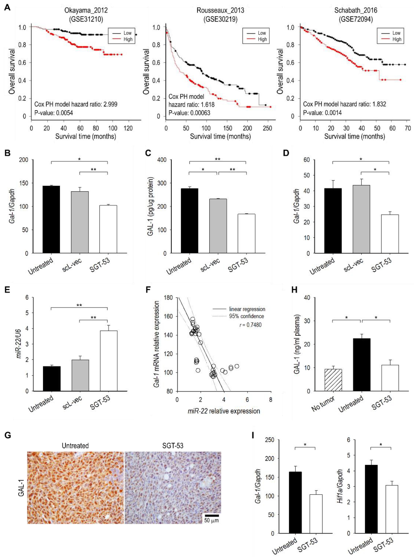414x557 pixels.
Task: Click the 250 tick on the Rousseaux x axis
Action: [267, 128]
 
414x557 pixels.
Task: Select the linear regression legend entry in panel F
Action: [247, 309]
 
